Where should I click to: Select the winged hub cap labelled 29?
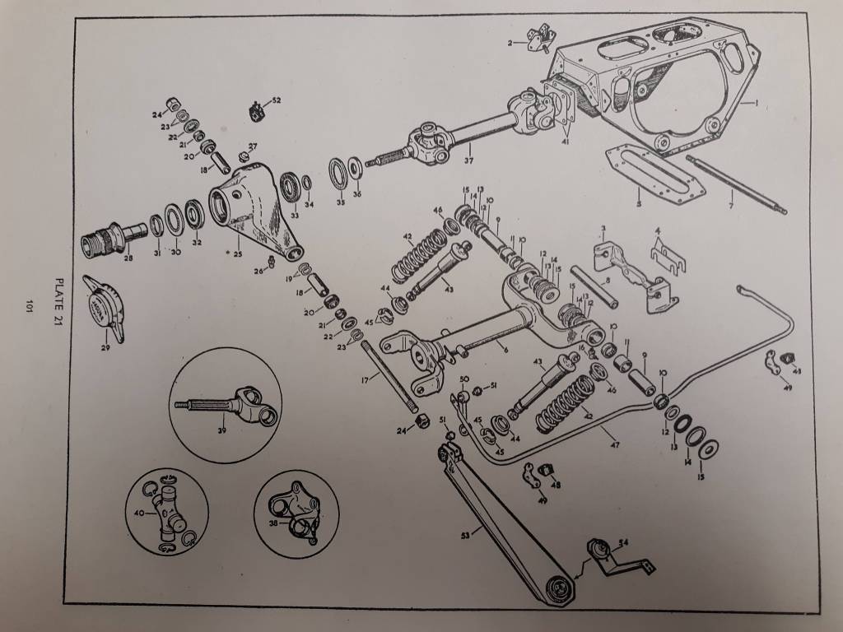[x=105, y=305]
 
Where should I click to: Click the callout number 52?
[x=277, y=100]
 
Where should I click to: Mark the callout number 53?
[x=466, y=534]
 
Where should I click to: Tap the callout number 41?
[x=565, y=142]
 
